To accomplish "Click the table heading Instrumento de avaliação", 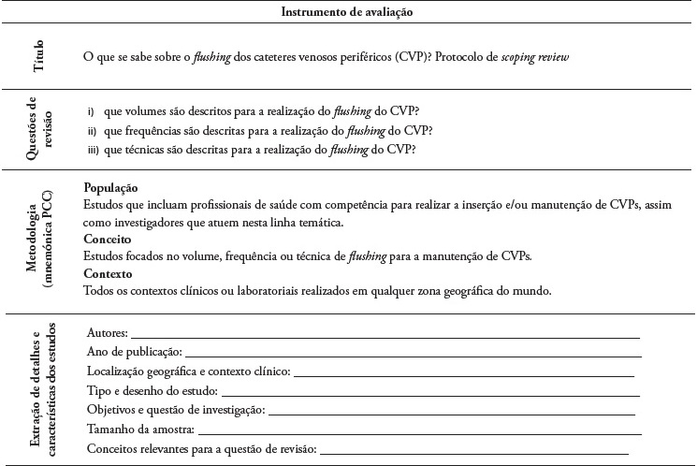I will [x=347, y=11].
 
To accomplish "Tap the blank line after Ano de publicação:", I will [x=413, y=353].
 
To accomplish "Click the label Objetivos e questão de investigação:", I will [x=176, y=411].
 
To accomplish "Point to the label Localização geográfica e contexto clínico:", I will [x=189, y=372].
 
